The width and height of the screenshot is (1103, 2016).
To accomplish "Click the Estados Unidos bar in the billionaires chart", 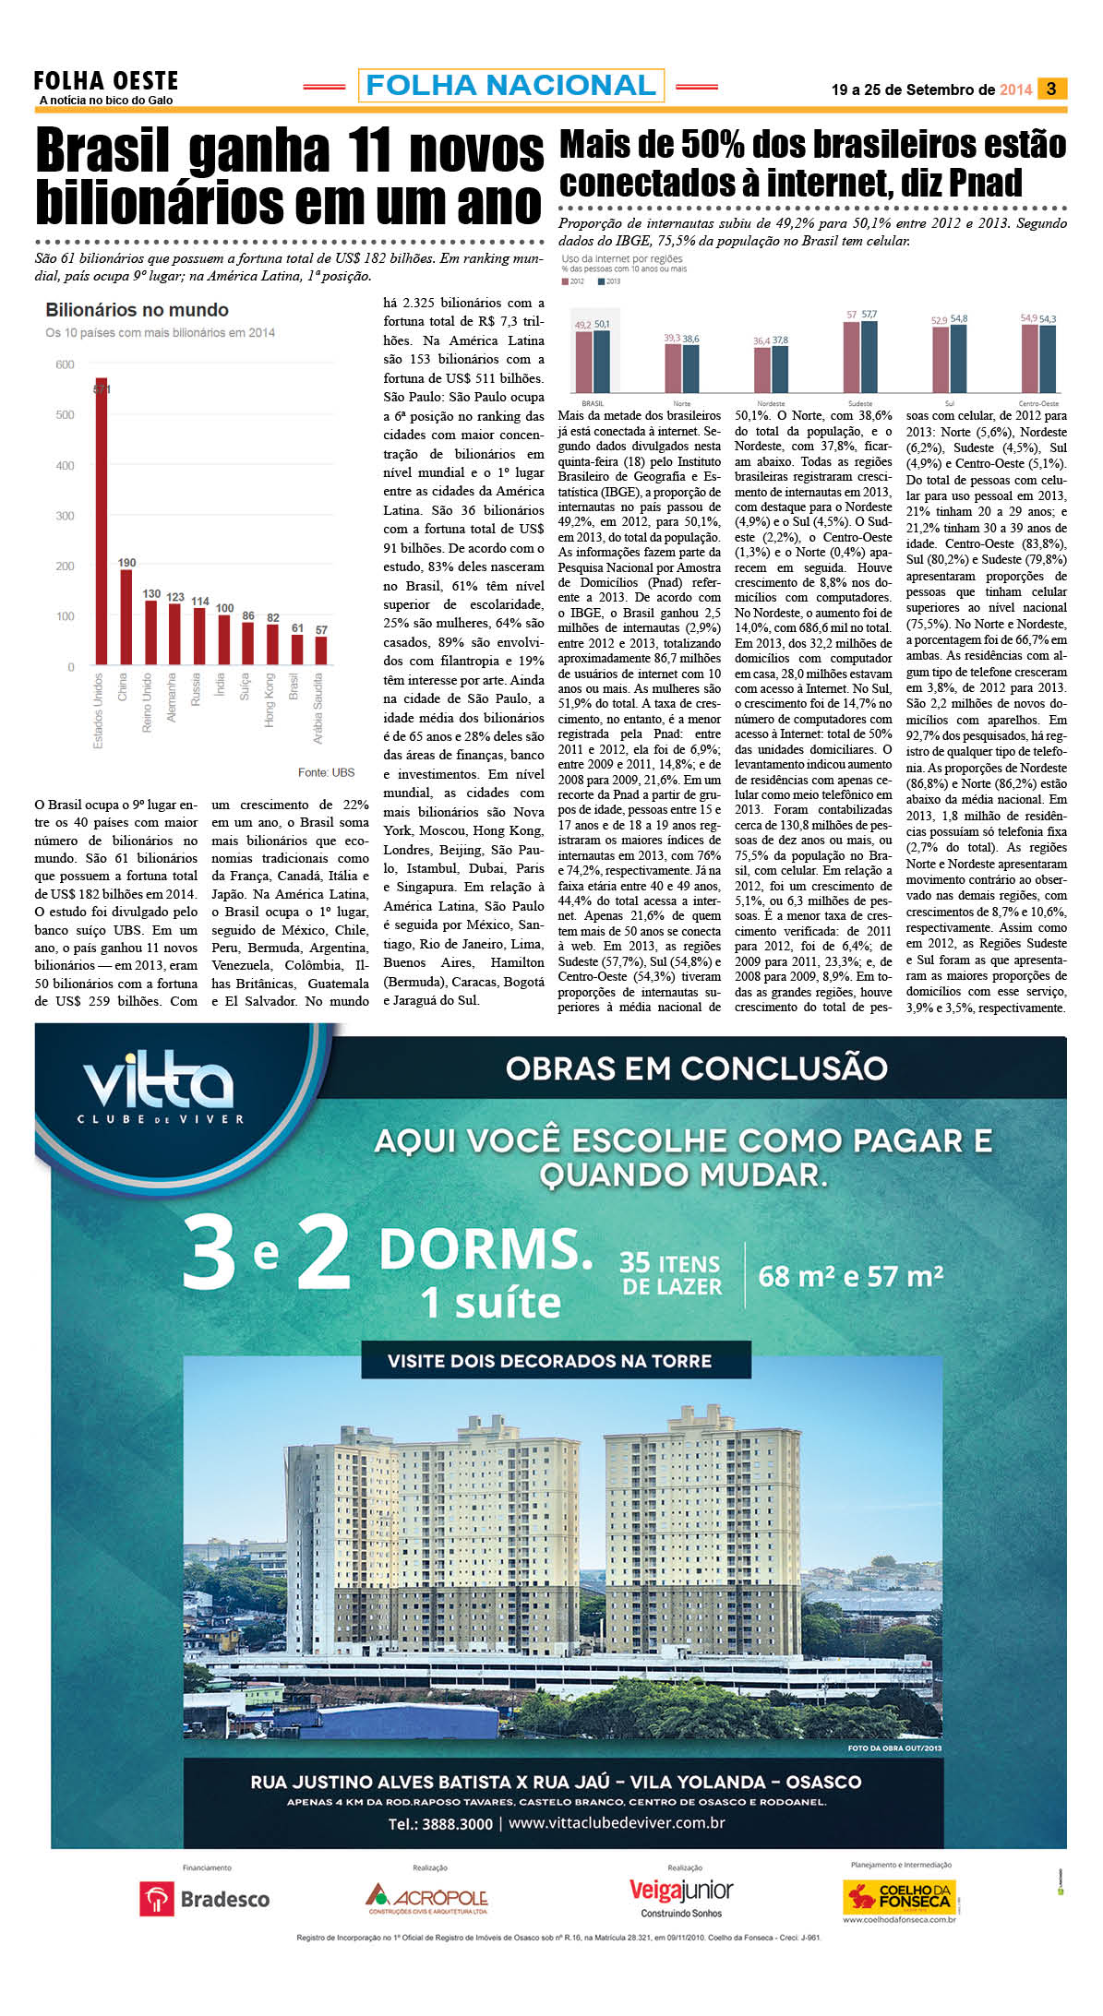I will click(x=101, y=521).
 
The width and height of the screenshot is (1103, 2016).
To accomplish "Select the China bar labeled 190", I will click(x=126, y=616).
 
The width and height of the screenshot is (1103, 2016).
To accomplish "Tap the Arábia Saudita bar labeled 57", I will click(x=320, y=650).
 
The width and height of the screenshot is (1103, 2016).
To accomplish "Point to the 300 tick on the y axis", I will click(x=65, y=516).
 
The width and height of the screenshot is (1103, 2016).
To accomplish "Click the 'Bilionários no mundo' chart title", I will click(x=137, y=310).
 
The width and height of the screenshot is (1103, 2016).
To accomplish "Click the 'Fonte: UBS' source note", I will click(x=326, y=772).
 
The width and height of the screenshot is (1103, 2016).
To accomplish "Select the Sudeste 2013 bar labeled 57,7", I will click(x=869, y=356).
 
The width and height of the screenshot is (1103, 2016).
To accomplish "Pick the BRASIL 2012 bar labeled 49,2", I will click(x=583, y=362).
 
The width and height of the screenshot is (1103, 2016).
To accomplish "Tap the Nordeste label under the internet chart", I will click(x=771, y=403).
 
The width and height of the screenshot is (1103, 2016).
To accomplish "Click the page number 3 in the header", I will click(x=1051, y=89).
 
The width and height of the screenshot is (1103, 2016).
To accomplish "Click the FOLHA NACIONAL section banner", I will click(x=510, y=86).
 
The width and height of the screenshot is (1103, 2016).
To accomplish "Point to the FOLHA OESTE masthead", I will click(x=105, y=82).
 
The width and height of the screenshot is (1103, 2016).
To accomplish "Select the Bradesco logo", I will click(x=205, y=1899).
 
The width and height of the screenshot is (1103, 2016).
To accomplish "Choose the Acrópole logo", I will click(x=426, y=1898).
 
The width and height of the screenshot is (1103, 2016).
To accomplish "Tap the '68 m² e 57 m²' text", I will click(x=850, y=1277).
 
